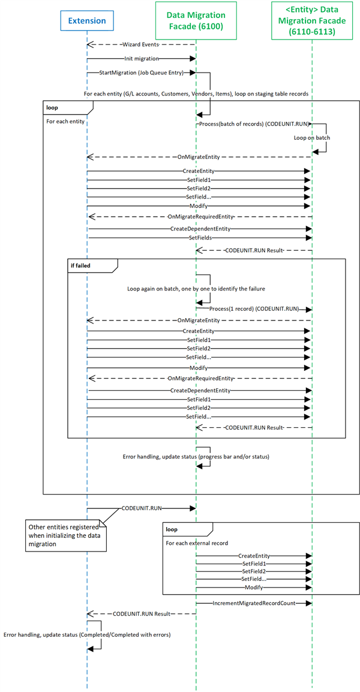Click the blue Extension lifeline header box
pos(87,20)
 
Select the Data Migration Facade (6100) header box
pos(195,20)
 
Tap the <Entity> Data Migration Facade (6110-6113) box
pos(313,20)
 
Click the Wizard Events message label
pos(142,44)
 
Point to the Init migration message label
pos(142,58)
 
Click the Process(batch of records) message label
pos(254,124)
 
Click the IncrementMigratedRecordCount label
pos(254,602)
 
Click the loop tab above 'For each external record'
pos(188,528)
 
